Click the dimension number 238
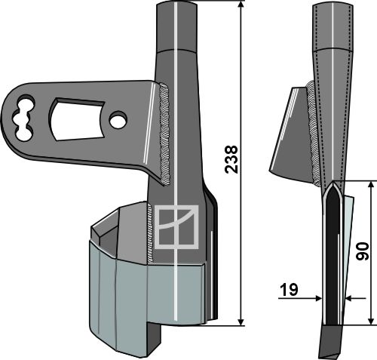(x=232, y=161)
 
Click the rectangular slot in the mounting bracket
(x=76, y=115)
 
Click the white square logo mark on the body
(x=176, y=227)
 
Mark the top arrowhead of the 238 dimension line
(x=241, y=6)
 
